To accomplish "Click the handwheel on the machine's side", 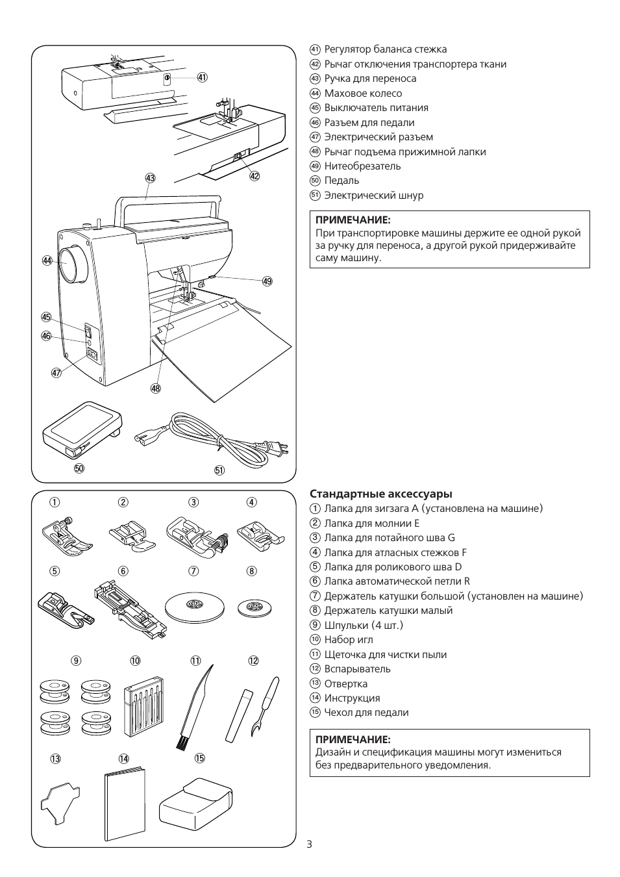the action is coord(72,264).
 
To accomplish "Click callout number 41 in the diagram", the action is coord(203,77).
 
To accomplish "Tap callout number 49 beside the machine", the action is coord(267,281).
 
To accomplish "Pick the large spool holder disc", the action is coord(194,608).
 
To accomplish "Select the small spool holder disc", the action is coord(254,607).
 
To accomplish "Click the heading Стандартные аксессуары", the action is coord(381,494).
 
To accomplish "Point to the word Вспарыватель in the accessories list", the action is coord(357,668).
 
